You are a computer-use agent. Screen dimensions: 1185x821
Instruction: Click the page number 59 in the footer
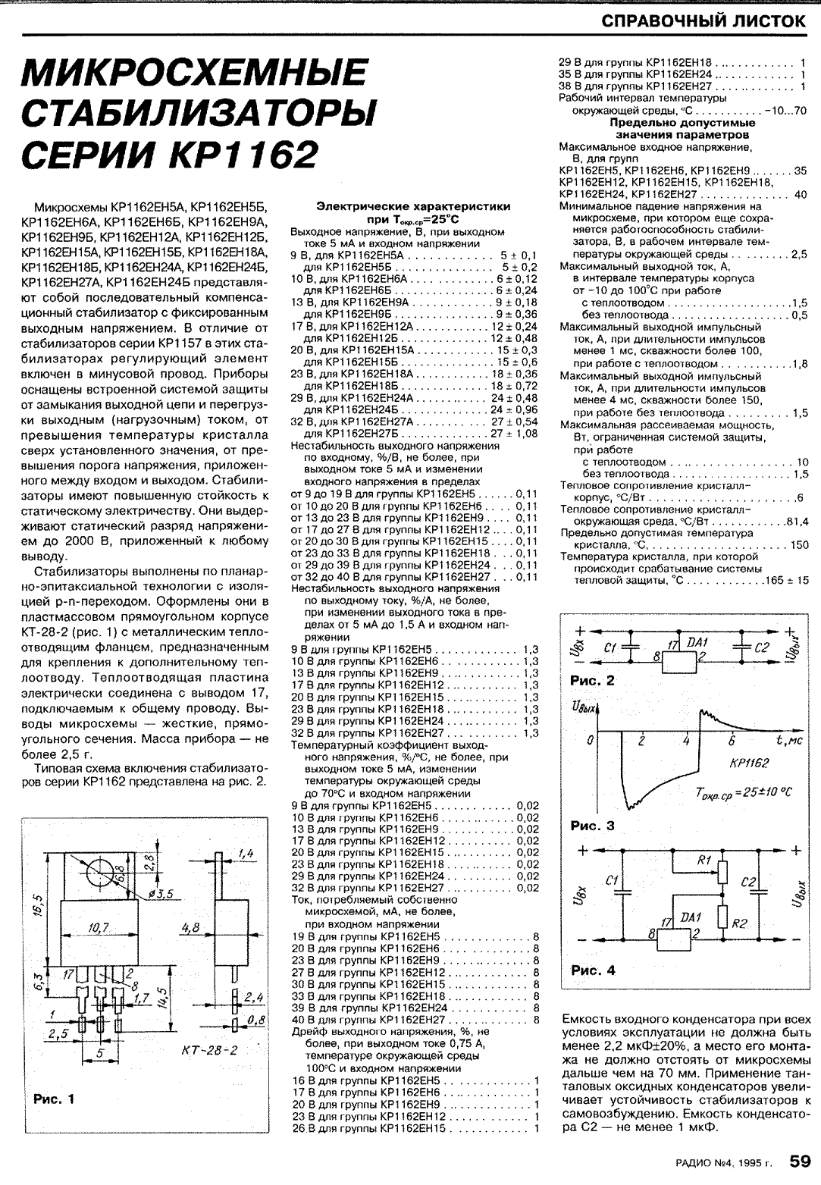pyautogui.click(x=801, y=1161)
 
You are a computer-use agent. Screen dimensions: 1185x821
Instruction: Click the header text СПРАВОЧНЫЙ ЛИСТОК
pyautogui.click(x=703, y=20)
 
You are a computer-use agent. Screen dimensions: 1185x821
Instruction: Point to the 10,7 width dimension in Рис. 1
pyautogui.click(x=99, y=927)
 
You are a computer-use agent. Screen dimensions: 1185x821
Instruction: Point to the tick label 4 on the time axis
pyautogui.click(x=685, y=741)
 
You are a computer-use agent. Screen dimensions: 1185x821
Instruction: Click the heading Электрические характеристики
pyautogui.click(x=413, y=205)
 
